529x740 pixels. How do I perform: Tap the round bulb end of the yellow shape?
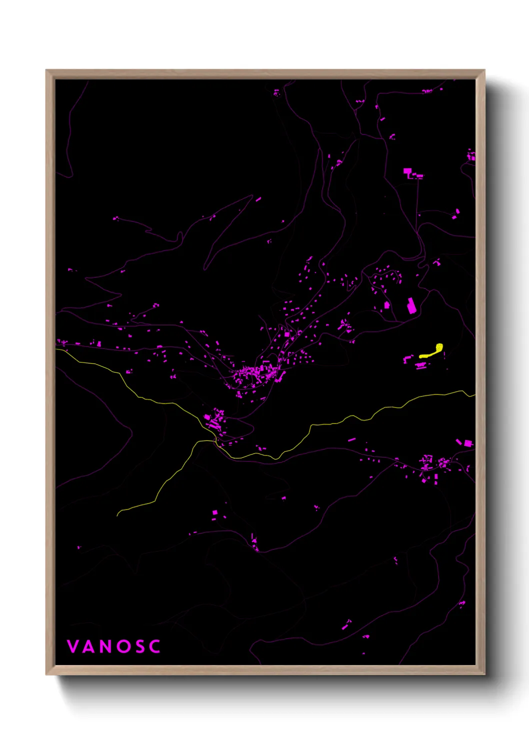[439, 346]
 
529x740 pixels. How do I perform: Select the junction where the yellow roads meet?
[215, 441]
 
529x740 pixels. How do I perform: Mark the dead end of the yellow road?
[117, 515]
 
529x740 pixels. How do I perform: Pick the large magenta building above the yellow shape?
[411, 305]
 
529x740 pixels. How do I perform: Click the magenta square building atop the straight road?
[407, 171]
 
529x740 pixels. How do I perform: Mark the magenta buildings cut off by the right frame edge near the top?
[471, 155]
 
